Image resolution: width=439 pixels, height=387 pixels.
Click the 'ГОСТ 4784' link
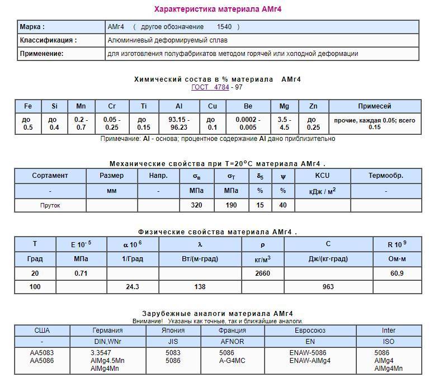coord(211,87)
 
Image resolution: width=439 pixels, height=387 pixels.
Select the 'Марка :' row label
coord(32,27)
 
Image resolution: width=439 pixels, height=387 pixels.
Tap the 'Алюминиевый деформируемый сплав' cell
coord(167,40)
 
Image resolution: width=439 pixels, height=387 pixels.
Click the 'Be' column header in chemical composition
coord(248,106)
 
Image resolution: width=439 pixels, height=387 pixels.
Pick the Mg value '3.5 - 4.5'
coord(284,124)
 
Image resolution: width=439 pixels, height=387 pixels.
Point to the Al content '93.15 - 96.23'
coord(179,124)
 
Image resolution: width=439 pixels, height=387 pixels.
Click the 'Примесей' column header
coord(374,106)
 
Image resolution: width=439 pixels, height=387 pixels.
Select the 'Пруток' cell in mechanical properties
coord(50,205)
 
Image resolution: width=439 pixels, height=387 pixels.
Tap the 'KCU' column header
coord(322,176)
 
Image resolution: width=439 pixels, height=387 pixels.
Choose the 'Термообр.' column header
coord(385,176)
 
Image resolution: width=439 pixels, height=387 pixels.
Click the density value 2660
coord(263,273)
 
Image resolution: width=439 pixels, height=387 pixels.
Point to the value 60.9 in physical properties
coord(396,273)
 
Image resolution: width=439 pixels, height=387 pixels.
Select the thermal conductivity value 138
coord(200,287)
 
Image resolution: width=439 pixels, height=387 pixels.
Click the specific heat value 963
coord(328,287)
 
